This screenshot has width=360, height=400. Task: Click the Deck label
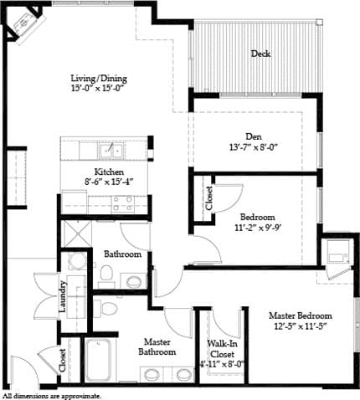(260, 54)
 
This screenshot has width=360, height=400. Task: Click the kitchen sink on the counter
(110, 151)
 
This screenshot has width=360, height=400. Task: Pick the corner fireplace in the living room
(23, 23)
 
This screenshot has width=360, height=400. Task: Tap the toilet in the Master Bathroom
(106, 308)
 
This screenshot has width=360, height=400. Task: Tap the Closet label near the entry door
(64, 361)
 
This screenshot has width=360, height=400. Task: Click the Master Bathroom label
(157, 347)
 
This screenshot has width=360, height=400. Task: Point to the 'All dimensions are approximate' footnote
(52, 395)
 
